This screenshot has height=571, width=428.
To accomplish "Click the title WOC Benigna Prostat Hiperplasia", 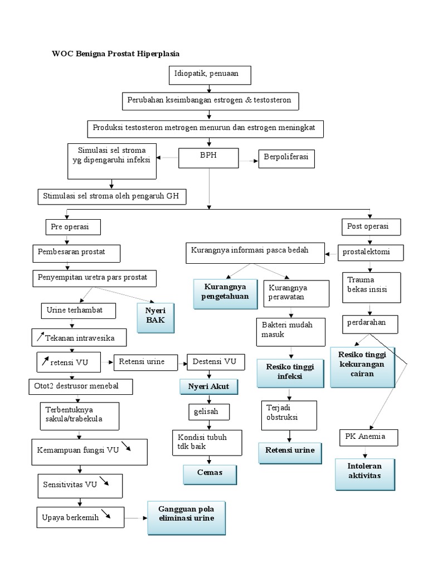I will click(x=116, y=54).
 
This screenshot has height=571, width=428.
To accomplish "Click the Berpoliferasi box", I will click(x=286, y=159).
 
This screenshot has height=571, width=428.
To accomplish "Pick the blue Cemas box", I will click(x=210, y=473).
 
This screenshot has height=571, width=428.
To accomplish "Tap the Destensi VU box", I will click(x=215, y=362).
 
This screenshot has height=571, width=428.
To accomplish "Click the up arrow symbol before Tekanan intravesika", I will click(x=41, y=336).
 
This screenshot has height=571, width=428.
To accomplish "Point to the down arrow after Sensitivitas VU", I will click(x=104, y=481).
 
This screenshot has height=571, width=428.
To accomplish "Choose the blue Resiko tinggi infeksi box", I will click(x=290, y=372).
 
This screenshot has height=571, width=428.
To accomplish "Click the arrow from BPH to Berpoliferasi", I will click(x=248, y=159).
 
